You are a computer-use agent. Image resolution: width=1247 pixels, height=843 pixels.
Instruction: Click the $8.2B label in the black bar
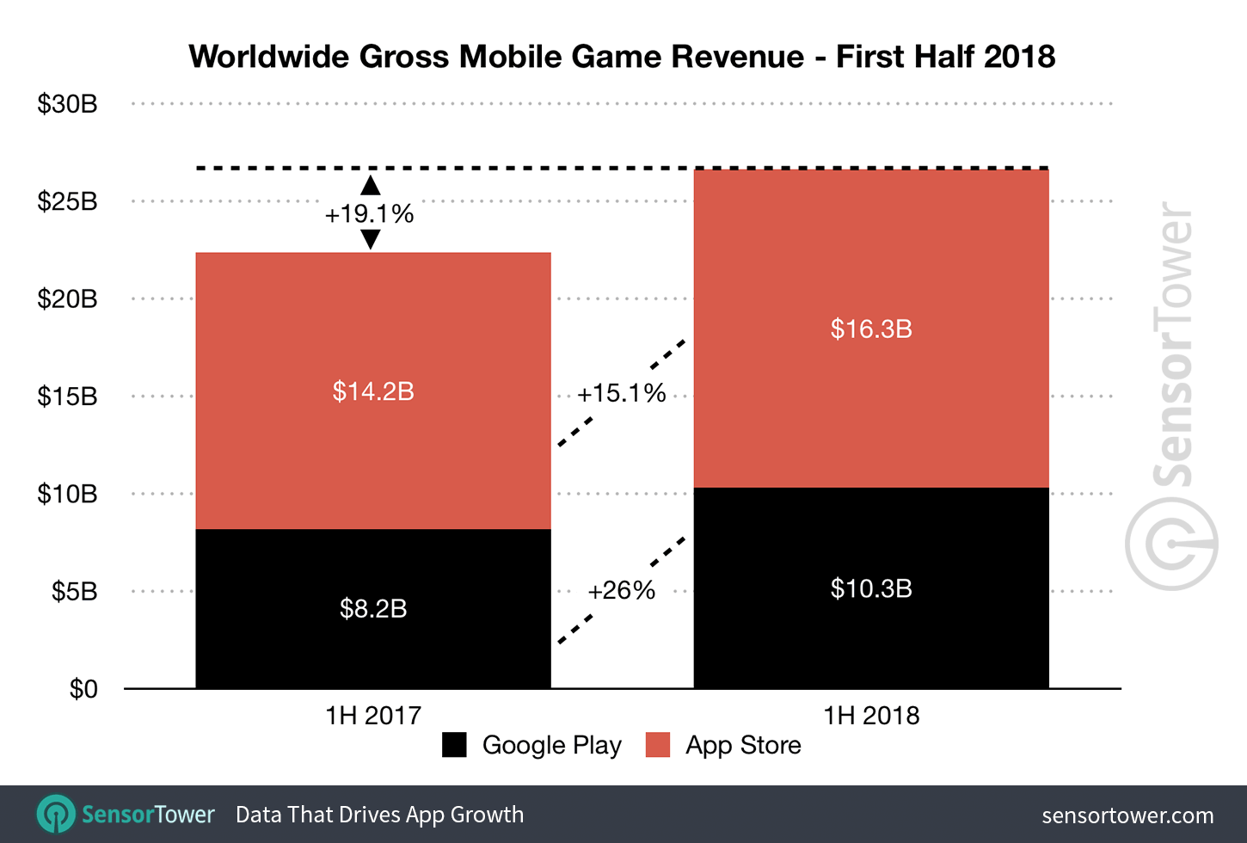tap(373, 608)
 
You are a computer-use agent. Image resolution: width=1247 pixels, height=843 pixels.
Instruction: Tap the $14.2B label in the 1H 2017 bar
tap(373, 391)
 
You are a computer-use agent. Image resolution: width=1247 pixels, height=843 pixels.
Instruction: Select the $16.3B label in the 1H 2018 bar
tap(871, 329)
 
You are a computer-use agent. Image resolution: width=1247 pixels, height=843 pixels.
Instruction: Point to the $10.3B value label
tap(871, 588)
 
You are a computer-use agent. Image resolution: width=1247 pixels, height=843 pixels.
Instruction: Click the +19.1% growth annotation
tap(369, 213)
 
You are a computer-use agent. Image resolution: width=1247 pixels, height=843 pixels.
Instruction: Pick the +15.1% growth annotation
tap(621, 393)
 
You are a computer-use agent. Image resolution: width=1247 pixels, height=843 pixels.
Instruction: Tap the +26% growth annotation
tap(621, 590)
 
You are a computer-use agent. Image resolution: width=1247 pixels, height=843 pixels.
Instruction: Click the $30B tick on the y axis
tap(67, 104)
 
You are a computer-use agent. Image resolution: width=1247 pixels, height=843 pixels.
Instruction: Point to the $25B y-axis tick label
tap(67, 201)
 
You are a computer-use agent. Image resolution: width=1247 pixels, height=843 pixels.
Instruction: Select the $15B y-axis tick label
tap(67, 397)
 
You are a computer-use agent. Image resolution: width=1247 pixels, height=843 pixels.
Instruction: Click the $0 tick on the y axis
tap(83, 689)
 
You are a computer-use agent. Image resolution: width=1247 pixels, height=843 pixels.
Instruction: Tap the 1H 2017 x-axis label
tap(373, 715)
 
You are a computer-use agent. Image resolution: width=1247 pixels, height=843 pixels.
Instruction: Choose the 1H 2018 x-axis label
tap(871, 715)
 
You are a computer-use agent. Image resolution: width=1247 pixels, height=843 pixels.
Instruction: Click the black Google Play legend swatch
tap(454, 745)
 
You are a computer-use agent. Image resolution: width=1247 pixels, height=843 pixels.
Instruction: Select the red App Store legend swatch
tap(658, 745)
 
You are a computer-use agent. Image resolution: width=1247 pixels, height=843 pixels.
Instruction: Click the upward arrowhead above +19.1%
tap(370, 185)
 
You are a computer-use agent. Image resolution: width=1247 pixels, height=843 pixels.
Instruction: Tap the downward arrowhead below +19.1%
tap(370, 240)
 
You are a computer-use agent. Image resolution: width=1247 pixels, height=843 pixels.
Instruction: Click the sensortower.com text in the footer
tap(1127, 815)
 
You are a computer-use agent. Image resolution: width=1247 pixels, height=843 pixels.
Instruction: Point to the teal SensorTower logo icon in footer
tap(57, 814)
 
